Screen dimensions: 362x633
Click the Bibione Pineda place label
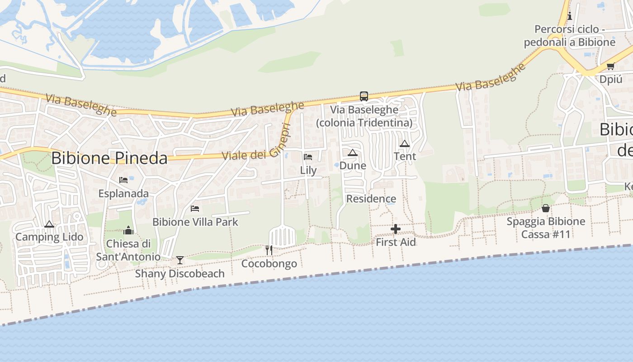(109, 158)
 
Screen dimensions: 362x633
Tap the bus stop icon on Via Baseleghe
(364, 96)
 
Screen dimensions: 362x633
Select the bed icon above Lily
(308, 157)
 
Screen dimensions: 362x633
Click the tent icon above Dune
(353, 152)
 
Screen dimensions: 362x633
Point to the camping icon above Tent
(404, 143)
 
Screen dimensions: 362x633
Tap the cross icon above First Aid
(396, 229)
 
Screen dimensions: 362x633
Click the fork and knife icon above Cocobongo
(269, 250)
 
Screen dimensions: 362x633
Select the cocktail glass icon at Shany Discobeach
(180, 260)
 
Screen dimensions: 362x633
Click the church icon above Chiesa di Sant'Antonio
(128, 230)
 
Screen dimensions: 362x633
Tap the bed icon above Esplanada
(123, 180)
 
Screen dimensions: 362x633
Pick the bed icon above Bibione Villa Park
(195, 209)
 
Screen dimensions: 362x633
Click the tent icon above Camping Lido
(49, 224)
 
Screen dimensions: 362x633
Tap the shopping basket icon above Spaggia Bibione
(546, 208)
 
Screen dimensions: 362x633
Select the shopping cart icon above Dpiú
(610, 66)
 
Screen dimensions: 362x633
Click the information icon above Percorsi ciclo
(569, 16)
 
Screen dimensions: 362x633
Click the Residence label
(371, 199)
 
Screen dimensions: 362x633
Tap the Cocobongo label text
(269, 263)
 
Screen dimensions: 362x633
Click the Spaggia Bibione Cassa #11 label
(546, 228)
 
